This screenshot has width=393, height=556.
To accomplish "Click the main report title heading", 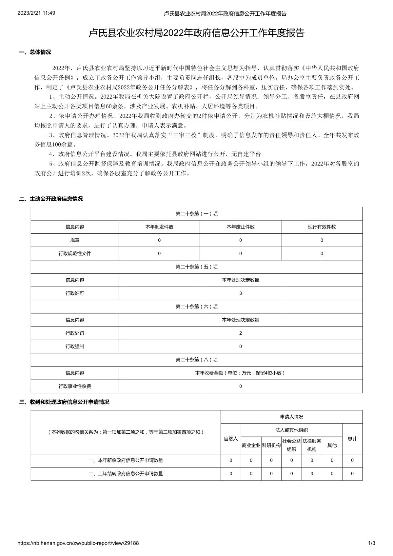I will pos(197,33).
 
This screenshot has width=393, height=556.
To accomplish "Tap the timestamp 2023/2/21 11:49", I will pos(36,13).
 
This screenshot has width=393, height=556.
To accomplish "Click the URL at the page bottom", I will pos(78,543).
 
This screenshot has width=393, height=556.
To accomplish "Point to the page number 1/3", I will pos(372,543).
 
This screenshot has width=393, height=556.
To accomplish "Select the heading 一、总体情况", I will pos(35,52).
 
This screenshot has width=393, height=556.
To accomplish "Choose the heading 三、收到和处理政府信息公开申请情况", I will pos(64,402).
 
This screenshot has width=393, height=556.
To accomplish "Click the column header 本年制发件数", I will pos(159,227).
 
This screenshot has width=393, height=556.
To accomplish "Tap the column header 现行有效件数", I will pos(322,227).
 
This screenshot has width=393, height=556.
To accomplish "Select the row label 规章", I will pos(75,240).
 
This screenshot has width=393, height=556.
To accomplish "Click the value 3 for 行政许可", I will pos(241,293).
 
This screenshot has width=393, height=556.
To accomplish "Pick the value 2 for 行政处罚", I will pos(241,333).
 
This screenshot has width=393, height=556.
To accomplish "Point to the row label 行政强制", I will pos(75,347).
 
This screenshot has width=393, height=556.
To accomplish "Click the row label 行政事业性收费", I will pos(75,386).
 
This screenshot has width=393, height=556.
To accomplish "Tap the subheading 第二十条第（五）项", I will pos(197,267).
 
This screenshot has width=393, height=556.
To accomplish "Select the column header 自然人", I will pos(231,439).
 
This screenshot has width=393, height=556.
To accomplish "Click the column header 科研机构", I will pos(271,445).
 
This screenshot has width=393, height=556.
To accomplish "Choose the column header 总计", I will pos(352,439).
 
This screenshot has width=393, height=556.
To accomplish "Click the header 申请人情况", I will pos(291,417).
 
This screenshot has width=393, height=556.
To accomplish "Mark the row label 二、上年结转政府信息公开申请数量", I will pos(126,473).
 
